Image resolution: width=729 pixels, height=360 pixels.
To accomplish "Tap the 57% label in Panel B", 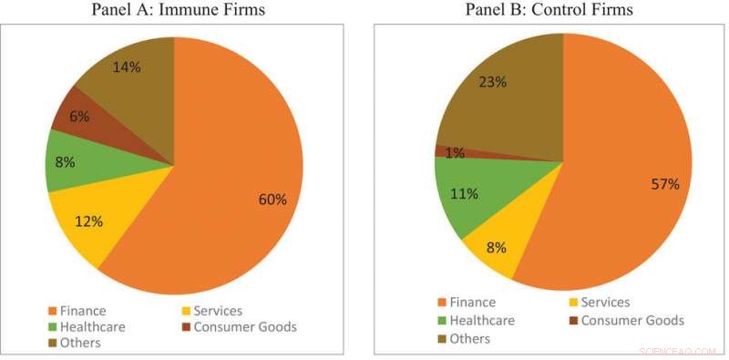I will (664, 184).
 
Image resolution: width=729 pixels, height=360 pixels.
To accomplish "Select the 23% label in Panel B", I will (493, 81).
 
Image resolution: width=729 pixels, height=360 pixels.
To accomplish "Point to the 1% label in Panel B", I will (455, 152).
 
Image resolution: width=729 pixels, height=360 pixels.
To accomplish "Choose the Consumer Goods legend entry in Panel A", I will (238, 326).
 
